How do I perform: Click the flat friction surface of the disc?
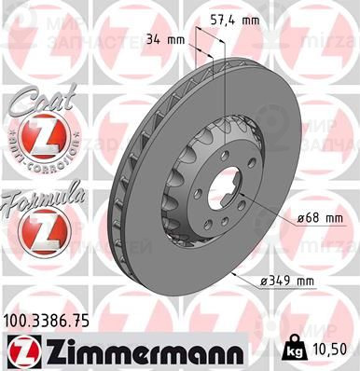click(270, 140)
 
